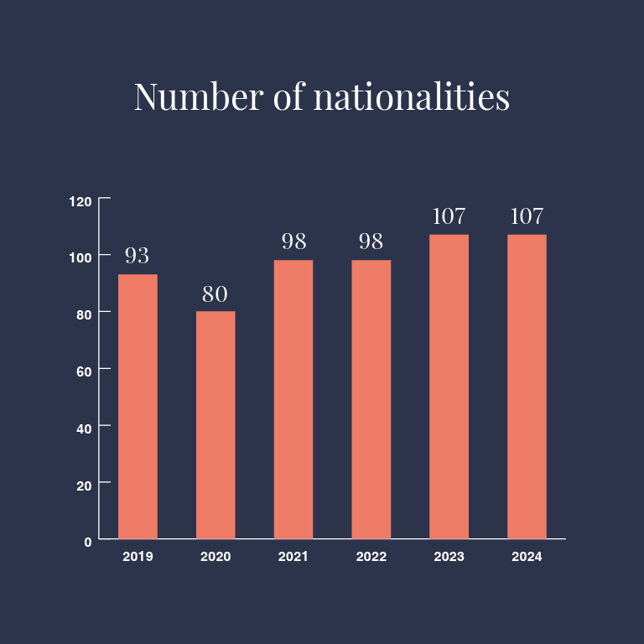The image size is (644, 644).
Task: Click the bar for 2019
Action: (x=138, y=407)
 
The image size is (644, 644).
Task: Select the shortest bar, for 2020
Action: (x=216, y=425)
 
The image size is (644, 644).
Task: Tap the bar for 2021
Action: (x=293, y=399)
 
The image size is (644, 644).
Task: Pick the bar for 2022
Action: (x=371, y=399)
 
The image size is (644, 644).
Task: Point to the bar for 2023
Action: (x=449, y=387)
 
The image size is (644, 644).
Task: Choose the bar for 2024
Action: (x=527, y=387)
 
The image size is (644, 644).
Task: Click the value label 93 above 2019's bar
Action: (x=138, y=255)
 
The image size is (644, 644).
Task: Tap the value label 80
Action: (x=215, y=294)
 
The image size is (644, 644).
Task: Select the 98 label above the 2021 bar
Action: (x=293, y=241)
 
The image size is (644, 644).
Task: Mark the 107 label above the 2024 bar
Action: (x=527, y=216)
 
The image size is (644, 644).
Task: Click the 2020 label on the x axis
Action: (x=216, y=557)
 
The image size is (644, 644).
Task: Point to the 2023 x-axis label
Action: (x=449, y=557)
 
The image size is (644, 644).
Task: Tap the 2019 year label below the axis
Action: (x=138, y=557)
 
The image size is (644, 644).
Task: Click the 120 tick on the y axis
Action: (x=80, y=201)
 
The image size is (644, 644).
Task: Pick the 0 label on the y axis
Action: (x=88, y=542)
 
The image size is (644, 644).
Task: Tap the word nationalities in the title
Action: (x=411, y=96)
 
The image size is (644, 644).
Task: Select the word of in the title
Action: (x=288, y=96)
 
